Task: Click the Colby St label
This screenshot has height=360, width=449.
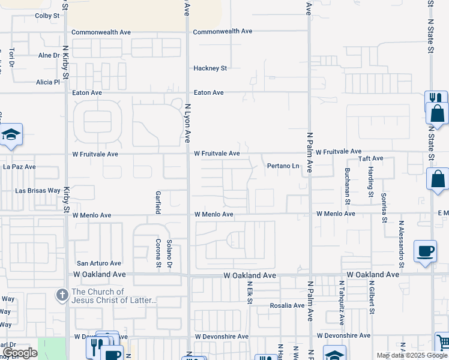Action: pos(47,16)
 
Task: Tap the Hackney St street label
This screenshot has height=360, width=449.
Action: pos(209,68)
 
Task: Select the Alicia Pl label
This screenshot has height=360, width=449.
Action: pos(48,82)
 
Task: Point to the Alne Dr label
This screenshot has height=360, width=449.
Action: pos(49,55)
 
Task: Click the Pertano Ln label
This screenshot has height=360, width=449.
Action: pos(283,166)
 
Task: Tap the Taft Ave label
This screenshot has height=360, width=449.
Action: pos(370,158)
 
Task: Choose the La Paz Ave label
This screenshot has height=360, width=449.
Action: pos(20,167)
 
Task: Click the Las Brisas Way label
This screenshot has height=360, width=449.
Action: pos(37,191)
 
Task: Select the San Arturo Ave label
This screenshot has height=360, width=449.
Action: pos(98,263)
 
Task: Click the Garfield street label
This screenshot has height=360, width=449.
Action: pos(158,203)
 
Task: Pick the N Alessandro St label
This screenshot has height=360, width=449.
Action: pos(401,244)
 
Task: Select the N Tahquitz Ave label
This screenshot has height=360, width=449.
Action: pos(341,297)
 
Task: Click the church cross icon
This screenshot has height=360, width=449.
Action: pos(62,295)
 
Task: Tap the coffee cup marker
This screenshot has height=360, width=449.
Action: pos(426,251)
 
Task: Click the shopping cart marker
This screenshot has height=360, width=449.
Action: pos(442,342)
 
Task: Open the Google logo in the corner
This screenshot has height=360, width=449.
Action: pos(20,353)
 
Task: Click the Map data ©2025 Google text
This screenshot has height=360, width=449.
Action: pos(411,355)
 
